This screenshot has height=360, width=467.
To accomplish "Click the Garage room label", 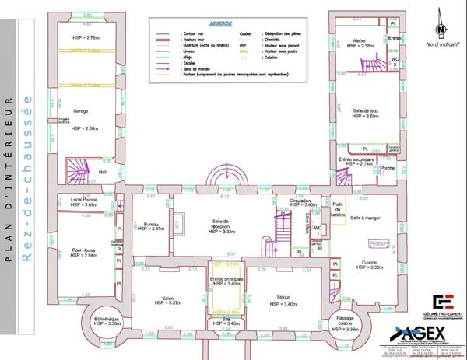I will coord(80,111).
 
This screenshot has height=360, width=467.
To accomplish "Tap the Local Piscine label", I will coord(83,199).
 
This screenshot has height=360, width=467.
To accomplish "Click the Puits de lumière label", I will coord(336,209).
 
